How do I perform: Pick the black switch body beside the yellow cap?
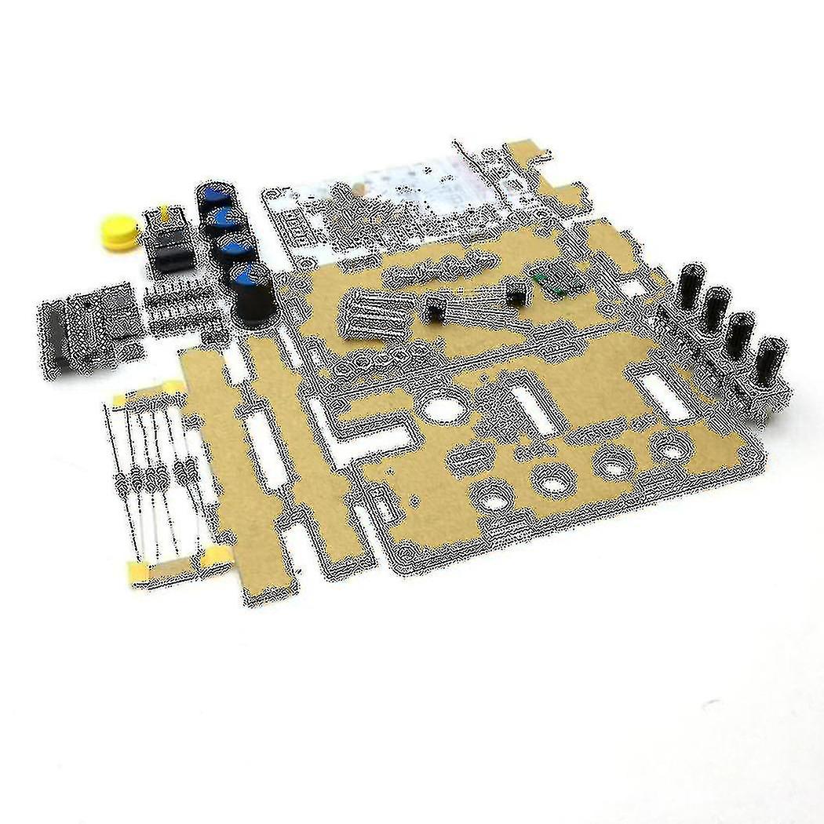click(x=166, y=247)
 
